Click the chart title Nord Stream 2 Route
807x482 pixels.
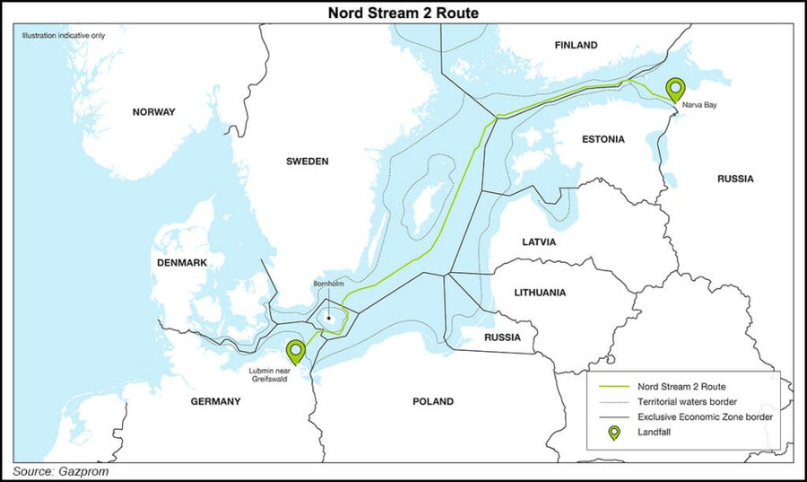(403, 13)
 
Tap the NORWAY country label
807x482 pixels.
(153, 112)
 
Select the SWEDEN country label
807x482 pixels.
(308, 162)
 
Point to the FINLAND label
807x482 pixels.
(576, 45)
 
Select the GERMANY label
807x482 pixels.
(215, 401)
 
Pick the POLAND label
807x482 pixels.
(433, 401)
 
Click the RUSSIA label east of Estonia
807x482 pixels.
(735, 179)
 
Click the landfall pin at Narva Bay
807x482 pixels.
(676, 89)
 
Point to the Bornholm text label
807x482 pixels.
(327, 284)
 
